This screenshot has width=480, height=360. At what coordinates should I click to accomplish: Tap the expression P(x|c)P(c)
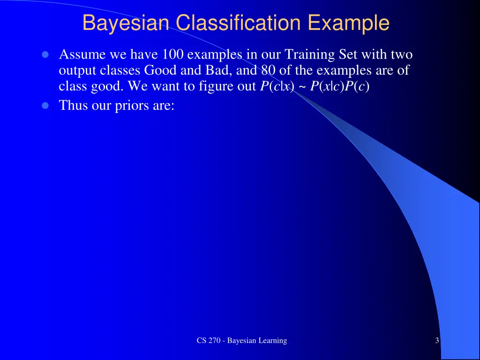point(340,87)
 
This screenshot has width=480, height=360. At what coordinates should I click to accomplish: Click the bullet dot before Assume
point(45,55)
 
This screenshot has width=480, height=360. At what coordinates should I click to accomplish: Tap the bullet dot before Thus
point(45,105)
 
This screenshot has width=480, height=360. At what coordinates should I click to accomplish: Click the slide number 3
point(437,341)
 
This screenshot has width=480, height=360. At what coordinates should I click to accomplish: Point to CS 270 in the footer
point(208,341)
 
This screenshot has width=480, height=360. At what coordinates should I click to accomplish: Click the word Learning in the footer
point(272,341)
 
